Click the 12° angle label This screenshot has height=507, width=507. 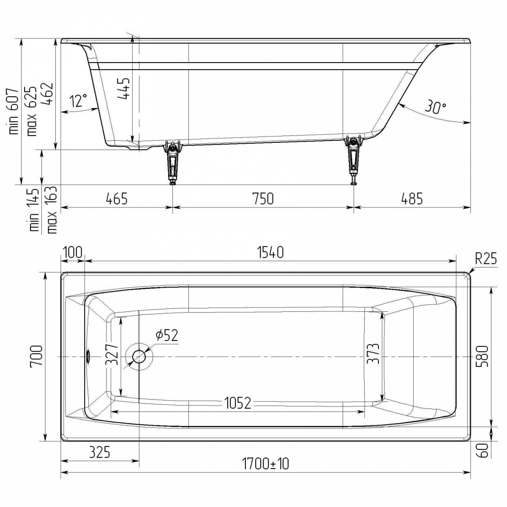point(79,101)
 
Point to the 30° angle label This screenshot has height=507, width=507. point(436,106)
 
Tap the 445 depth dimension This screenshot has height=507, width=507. point(123,88)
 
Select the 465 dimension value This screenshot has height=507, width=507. point(117,199)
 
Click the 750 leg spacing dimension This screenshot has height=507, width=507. point(263,199)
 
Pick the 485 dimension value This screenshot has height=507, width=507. point(412,199)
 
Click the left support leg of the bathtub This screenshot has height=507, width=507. point(173,162)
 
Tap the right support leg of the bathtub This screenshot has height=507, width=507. point(353,160)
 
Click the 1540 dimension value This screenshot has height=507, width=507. point(270,252)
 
